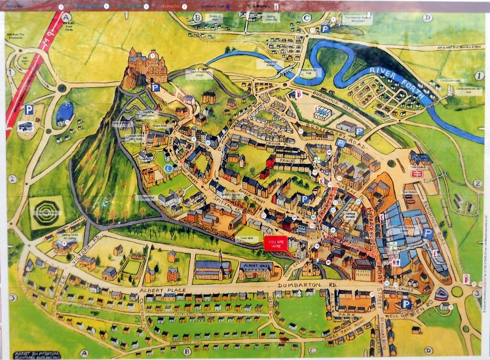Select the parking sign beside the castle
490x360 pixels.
click(x=155, y=87)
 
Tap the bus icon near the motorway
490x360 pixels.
click(x=26, y=126)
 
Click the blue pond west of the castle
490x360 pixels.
click(x=64, y=113)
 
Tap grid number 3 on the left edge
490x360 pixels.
click(x=12, y=297)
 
